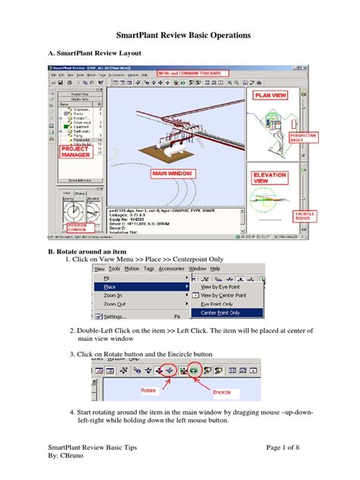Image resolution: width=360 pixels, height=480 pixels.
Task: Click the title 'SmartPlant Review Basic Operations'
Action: click(x=180, y=35)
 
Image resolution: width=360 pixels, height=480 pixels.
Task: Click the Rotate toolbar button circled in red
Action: click(x=170, y=371)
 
